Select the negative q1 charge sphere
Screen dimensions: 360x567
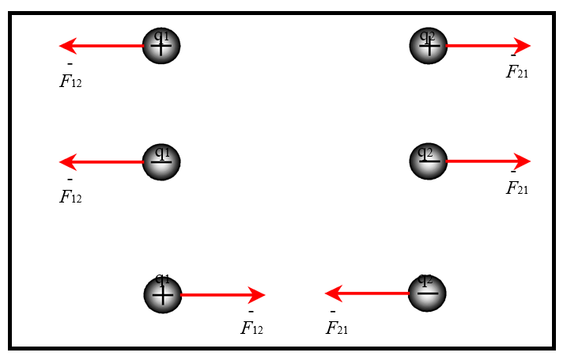(x=161, y=161)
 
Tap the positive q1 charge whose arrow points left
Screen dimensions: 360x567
(x=161, y=46)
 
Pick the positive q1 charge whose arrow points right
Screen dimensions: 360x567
(x=162, y=294)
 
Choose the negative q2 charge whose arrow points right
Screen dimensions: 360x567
(x=429, y=161)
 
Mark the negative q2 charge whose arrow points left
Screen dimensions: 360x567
(x=428, y=294)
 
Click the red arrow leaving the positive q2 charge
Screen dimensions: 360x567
(x=486, y=46)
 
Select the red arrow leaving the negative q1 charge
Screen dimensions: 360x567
(x=103, y=162)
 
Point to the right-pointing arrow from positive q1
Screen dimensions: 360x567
(x=221, y=295)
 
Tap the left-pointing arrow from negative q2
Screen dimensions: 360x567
(x=368, y=294)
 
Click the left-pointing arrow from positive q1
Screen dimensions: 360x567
(x=103, y=46)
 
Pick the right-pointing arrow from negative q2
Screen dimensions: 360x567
(x=486, y=161)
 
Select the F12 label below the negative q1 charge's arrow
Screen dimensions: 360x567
(x=70, y=196)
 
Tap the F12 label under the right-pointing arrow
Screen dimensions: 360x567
(x=251, y=328)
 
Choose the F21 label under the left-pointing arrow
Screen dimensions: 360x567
(x=337, y=328)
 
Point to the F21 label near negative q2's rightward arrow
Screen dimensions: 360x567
(x=516, y=188)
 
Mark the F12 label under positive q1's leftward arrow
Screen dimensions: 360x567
(x=70, y=81)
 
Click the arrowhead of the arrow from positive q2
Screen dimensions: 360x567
(x=521, y=46)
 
